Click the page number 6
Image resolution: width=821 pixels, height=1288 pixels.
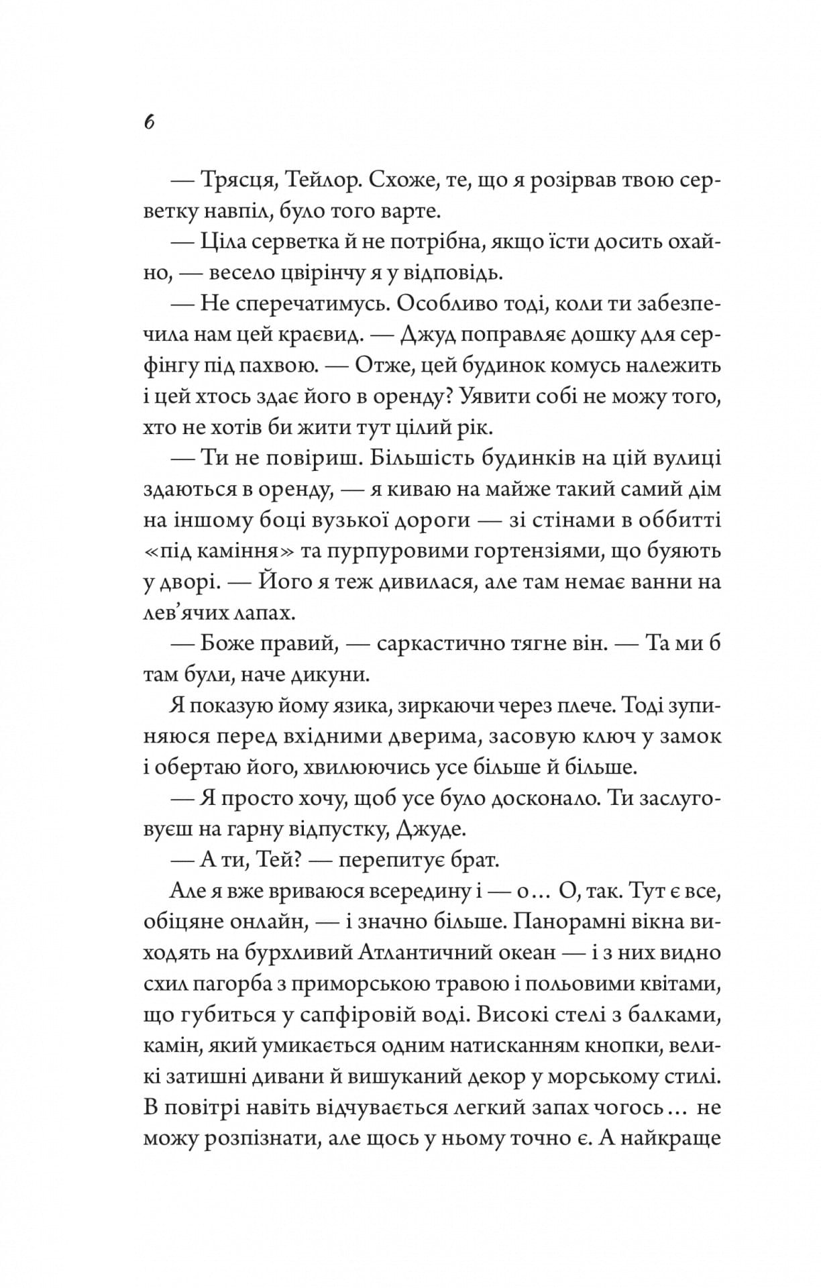tap(150, 123)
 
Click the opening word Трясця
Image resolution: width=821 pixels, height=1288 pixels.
tap(233, 181)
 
